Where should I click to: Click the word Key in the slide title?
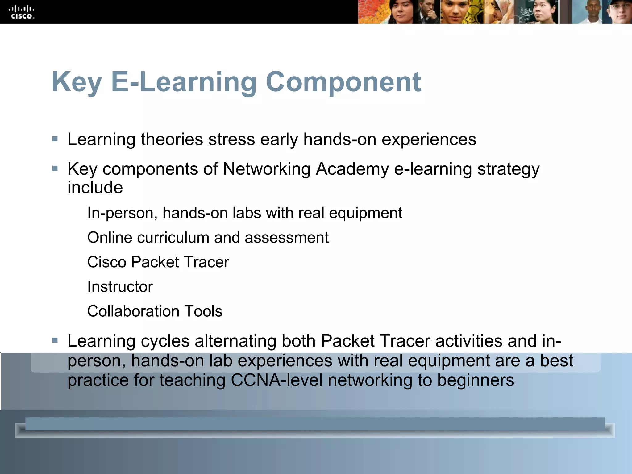pos(77,82)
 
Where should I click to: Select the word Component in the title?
pos(343,82)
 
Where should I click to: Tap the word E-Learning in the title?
pos(184,82)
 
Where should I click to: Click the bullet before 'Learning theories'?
pos(55,139)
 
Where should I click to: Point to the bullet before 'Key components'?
pos(55,169)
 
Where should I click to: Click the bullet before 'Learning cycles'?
pos(55,341)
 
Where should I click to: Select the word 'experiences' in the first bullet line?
pos(429,139)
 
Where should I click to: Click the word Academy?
pos(352,169)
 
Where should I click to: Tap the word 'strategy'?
pos(508,169)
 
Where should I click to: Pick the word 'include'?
pos(95,188)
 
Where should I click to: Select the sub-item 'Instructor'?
pos(120,287)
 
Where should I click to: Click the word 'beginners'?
pos(476,380)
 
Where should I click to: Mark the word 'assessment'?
pos(287,238)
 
